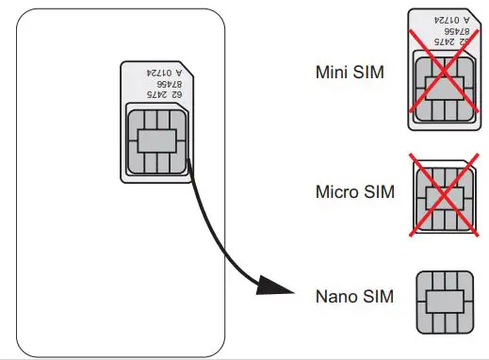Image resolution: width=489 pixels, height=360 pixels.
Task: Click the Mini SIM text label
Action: coord(350,72)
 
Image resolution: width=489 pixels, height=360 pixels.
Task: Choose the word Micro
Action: coord(334,192)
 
